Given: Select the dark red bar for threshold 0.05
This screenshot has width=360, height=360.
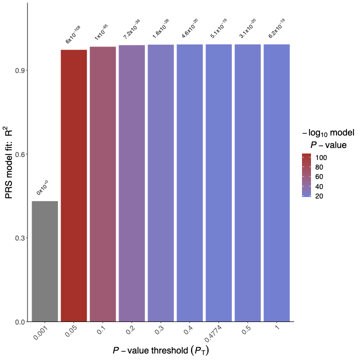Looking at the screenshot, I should coord(74,185).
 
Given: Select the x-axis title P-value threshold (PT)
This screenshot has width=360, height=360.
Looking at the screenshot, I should coord(160,350).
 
